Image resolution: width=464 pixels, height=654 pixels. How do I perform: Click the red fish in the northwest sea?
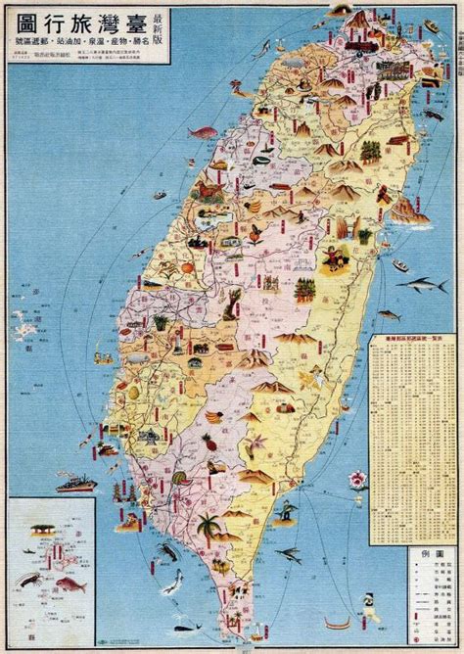[201, 130]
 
